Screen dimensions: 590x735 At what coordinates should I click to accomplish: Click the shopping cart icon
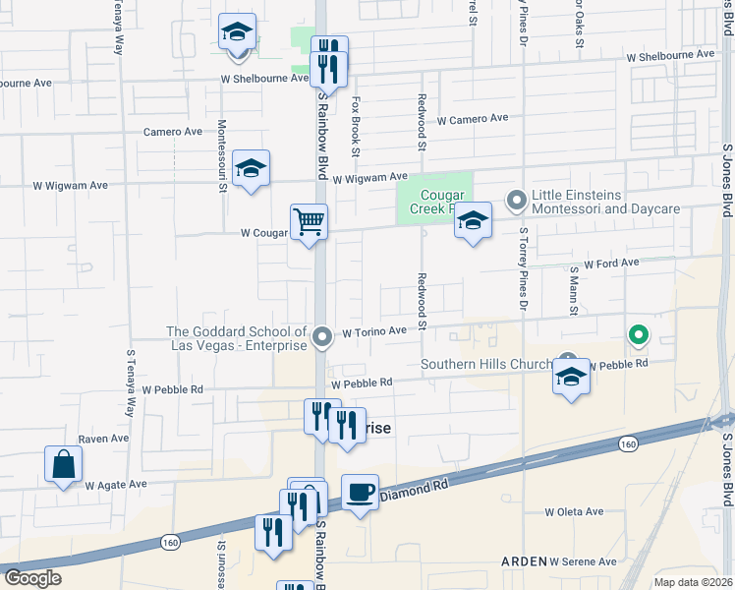(x=309, y=222)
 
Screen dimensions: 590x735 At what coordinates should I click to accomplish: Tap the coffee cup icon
(x=360, y=492)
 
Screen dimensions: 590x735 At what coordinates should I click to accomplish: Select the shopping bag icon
(x=63, y=464)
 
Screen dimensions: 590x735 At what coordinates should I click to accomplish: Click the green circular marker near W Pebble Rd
(x=638, y=336)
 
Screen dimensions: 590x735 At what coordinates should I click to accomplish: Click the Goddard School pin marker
(x=322, y=338)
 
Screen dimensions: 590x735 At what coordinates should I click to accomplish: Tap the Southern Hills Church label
(x=487, y=365)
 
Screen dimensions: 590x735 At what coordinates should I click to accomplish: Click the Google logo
(x=32, y=578)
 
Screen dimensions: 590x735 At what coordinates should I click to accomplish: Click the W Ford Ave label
(x=611, y=264)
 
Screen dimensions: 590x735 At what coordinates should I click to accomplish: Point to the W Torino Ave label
(x=374, y=332)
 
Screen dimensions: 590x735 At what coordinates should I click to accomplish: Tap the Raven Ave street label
(x=104, y=439)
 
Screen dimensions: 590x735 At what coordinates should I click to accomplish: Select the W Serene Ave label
(x=583, y=561)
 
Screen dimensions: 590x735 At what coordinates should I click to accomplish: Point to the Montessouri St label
(x=222, y=154)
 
